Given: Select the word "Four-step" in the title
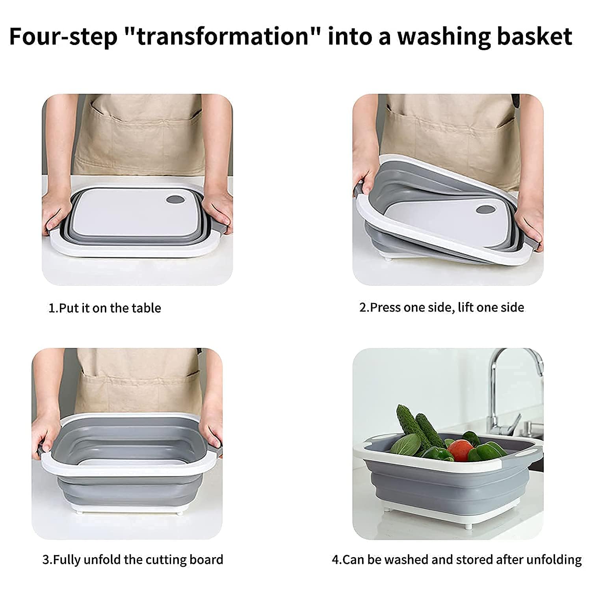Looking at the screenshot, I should click(63, 36).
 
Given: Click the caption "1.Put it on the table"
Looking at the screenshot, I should click(104, 308).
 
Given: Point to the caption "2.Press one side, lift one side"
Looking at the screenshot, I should click(441, 307).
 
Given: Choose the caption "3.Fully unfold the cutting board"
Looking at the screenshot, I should click(133, 559).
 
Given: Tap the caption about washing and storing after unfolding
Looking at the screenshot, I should click(457, 559).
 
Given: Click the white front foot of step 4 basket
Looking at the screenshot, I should click(468, 525).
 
